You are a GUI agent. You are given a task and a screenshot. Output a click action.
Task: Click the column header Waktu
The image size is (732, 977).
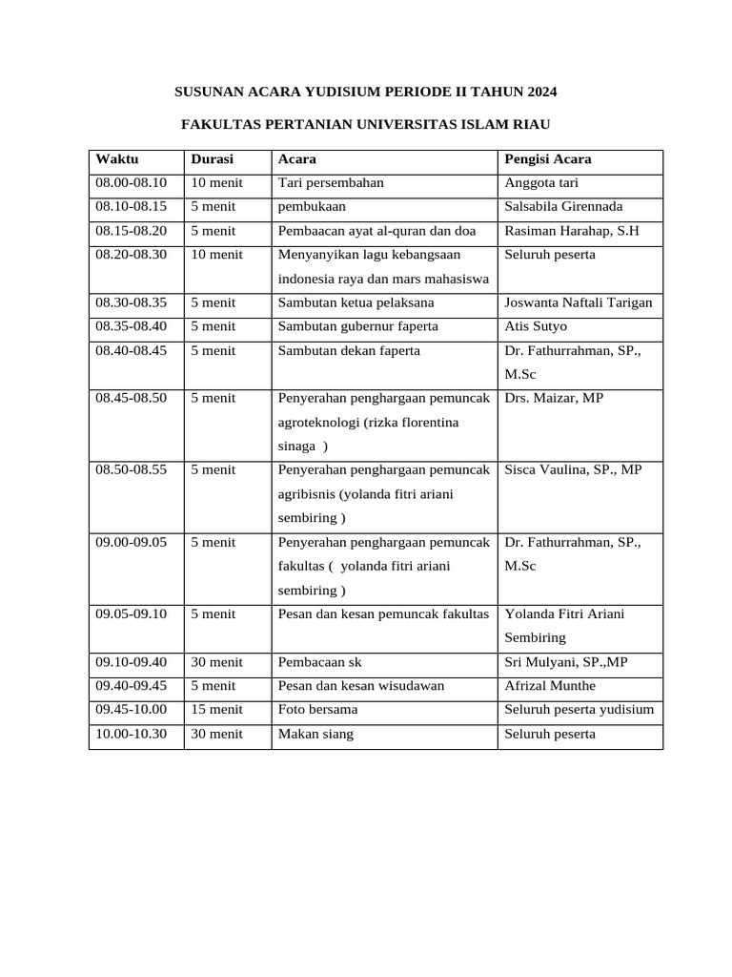coord(116,159)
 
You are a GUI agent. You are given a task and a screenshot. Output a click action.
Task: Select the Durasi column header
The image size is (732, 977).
coord(212,159)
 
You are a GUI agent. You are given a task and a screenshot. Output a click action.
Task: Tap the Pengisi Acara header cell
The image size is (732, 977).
coord(548,159)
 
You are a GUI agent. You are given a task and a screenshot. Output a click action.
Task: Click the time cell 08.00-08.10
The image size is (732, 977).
coord(131,183)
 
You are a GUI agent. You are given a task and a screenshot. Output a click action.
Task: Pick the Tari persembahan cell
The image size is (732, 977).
coord(330,183)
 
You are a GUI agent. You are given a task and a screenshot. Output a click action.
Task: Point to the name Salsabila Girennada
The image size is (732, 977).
coord(563,207)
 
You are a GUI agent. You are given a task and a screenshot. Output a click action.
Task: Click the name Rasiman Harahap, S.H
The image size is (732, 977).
coord(572,231)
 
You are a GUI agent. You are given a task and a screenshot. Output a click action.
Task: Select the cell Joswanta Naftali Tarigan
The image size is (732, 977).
coord(579,303)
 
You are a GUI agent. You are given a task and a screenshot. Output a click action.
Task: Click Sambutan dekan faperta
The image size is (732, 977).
coord(348,351)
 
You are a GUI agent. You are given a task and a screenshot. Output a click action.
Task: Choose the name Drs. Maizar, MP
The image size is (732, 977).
coord(554,399)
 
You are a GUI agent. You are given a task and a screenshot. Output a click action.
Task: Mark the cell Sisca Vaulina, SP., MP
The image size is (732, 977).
coord(573,470)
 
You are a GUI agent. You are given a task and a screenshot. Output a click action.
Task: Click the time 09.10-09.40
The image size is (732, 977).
coord(131,662)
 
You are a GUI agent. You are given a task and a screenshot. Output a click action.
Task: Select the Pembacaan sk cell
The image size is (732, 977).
coord(319,662)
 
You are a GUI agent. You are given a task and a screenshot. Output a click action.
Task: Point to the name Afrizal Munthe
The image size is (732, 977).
coord(550,686)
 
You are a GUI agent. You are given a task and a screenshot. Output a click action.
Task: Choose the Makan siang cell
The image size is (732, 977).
coord(315,735)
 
